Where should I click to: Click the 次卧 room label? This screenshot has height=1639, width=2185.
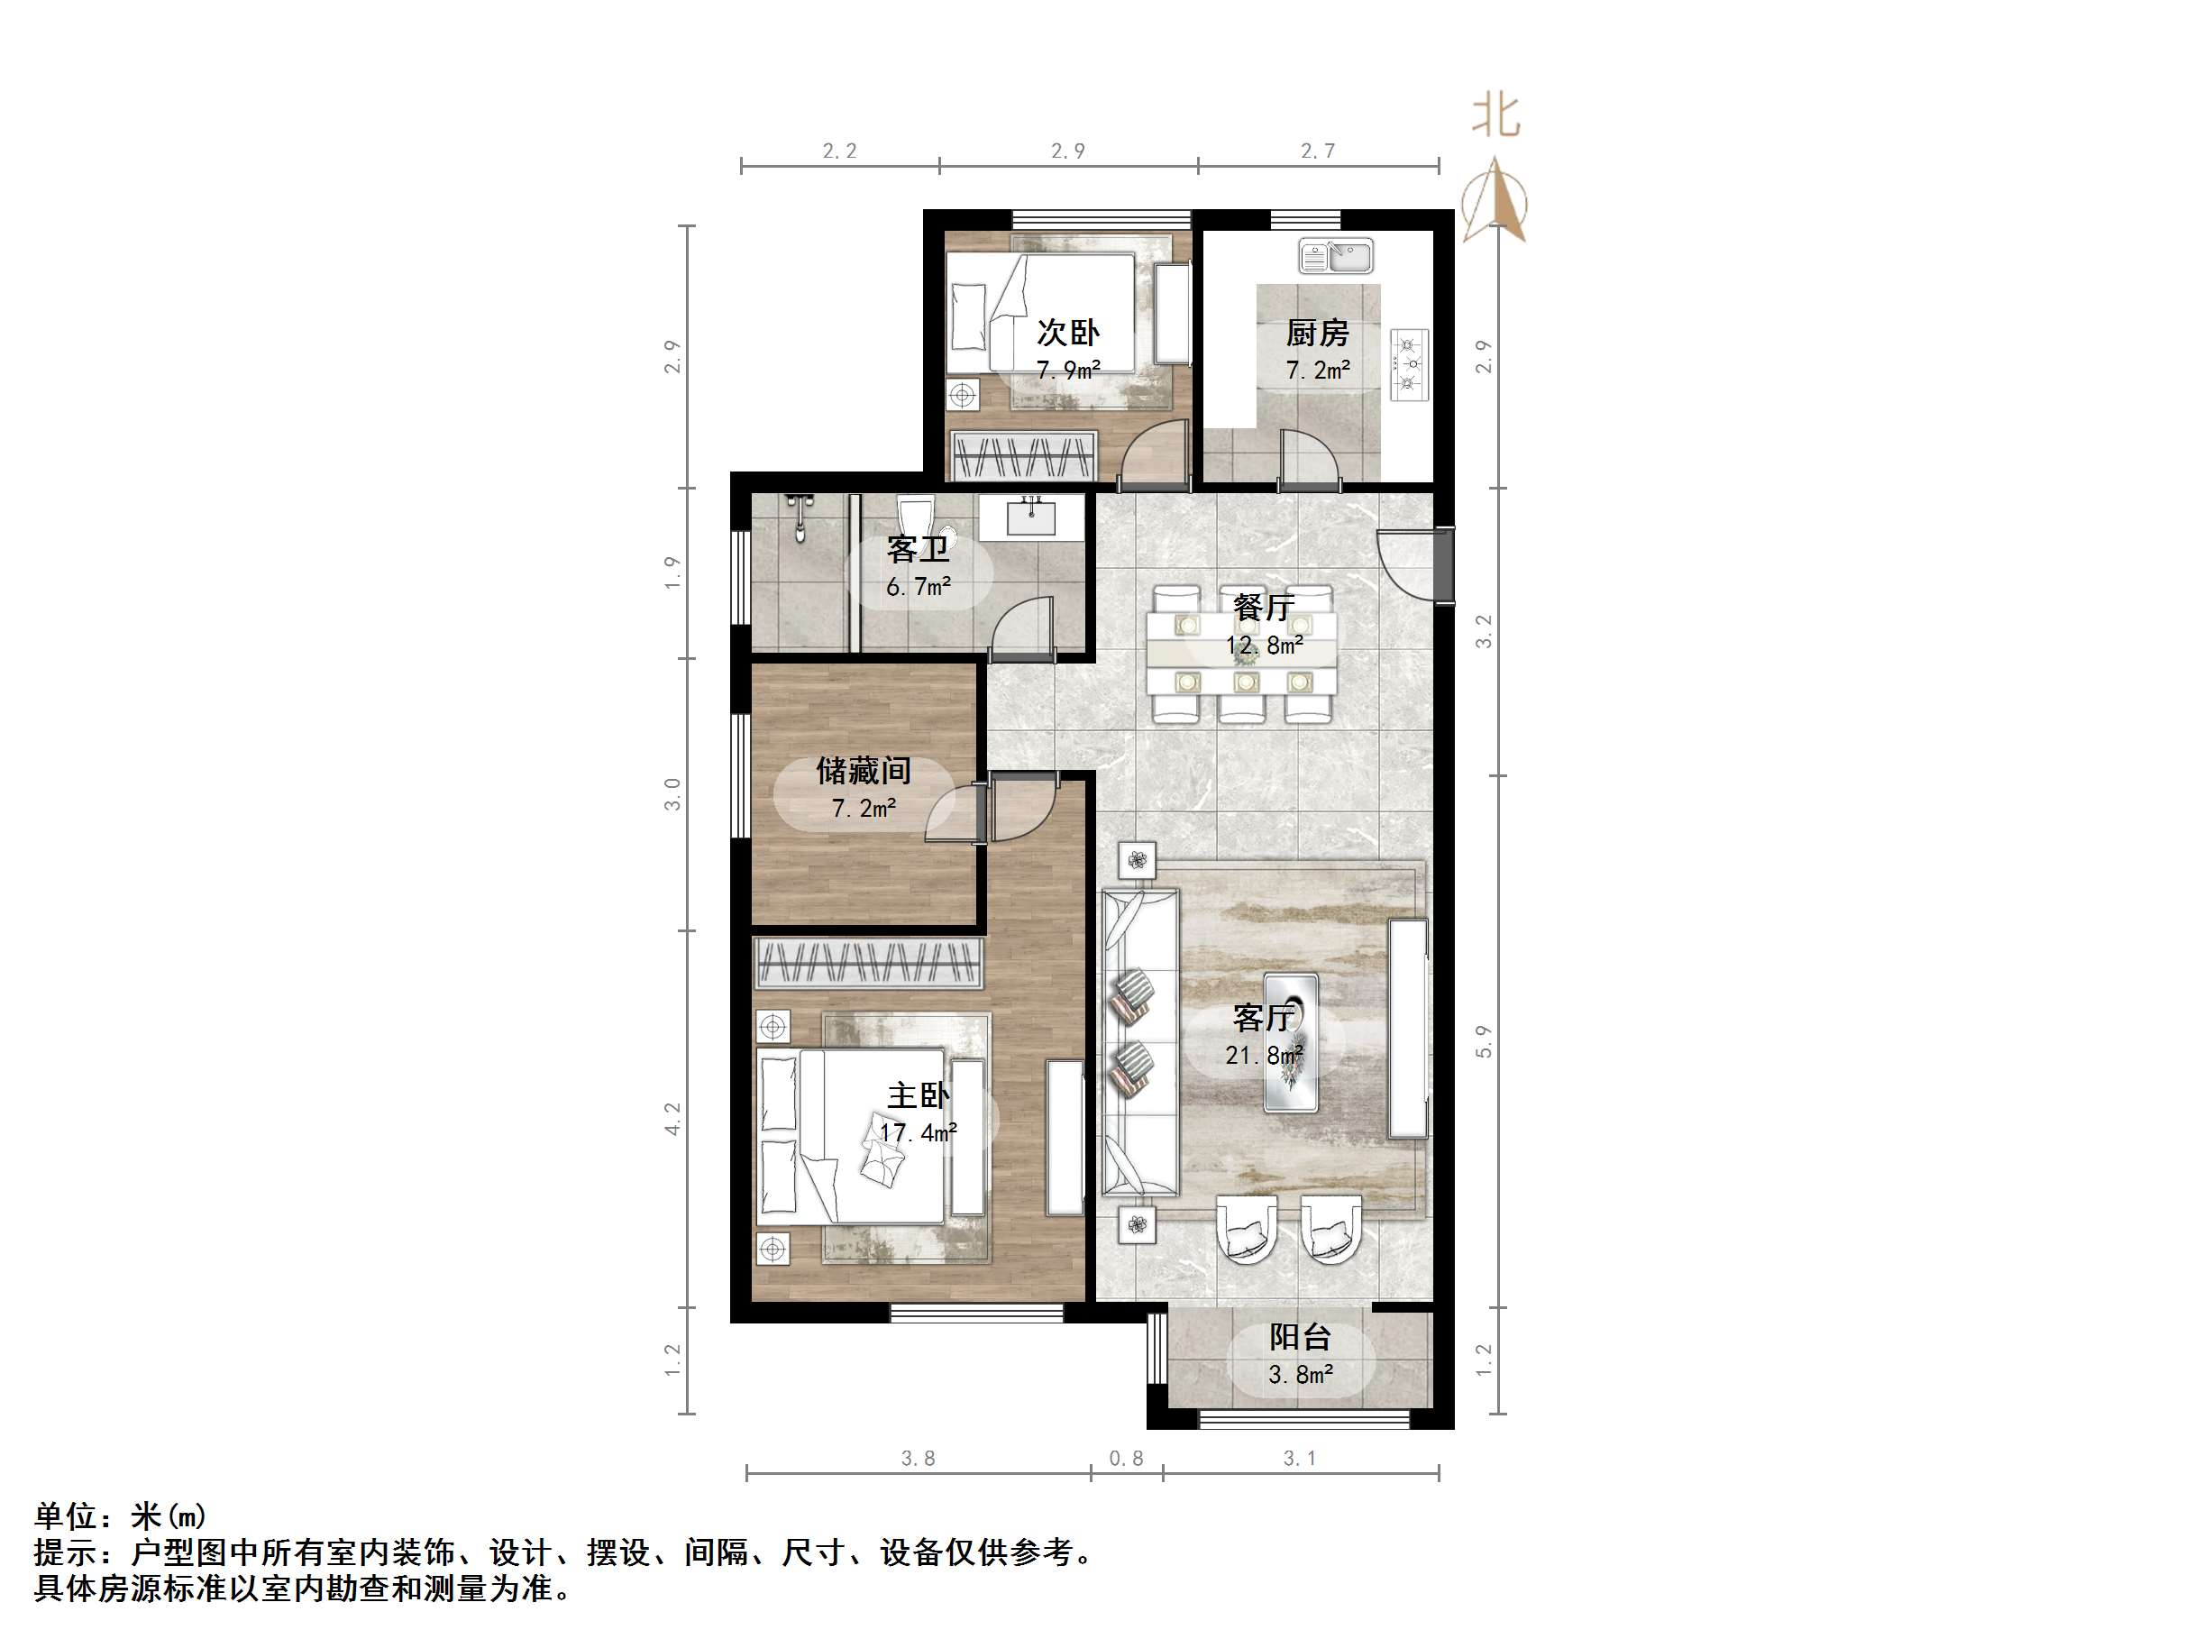(x=1068, y=333)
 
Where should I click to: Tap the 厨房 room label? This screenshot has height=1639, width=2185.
(x=1317, y=333)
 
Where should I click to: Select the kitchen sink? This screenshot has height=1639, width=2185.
(x=1336, y=257)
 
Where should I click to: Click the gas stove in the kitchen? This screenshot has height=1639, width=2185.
(x=1410, y=364)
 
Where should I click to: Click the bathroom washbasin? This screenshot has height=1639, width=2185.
(x=1031, y=516)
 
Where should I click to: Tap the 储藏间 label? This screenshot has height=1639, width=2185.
(x=864, y=771)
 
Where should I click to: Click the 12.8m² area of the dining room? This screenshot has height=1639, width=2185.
(x=1265, y=646)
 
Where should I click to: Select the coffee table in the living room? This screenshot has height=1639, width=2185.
(x=1291, y=1042)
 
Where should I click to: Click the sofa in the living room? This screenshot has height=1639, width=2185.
(x=1140, y=1042)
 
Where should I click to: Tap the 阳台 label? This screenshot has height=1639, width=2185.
(x=1300, y=1338)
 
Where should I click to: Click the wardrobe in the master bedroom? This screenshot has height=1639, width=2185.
(x=868, y=962)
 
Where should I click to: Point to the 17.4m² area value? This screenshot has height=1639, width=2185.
(x=919, y=1133)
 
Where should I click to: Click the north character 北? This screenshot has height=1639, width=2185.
(x=1495, y=116)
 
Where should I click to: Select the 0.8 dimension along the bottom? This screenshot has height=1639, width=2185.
(x=1126, y=1458)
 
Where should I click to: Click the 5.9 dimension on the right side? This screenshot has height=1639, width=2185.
(x=1484, y=1041)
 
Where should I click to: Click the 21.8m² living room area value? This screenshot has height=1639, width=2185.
(x=1265, y=1055)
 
